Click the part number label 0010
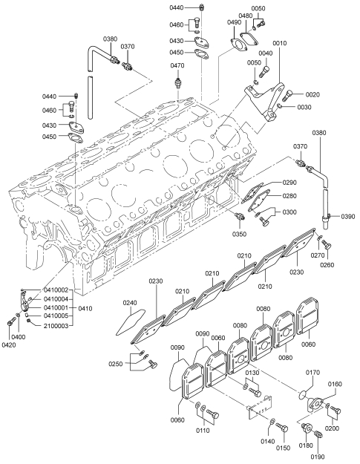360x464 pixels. [x=280, y=43]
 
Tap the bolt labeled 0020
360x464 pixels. [x=287, y=95]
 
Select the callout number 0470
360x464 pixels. [x=177, y=65]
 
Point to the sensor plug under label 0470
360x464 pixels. [x=178, y=82]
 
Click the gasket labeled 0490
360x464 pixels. [x=238, y=45]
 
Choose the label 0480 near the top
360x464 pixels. [x=246, y=16]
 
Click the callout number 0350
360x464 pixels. [x=239, y=234]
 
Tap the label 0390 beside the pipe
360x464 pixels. [x=348, y=217]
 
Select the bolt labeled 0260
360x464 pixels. [x=327, y=245]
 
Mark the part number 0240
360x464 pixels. [x=130, y=303]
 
